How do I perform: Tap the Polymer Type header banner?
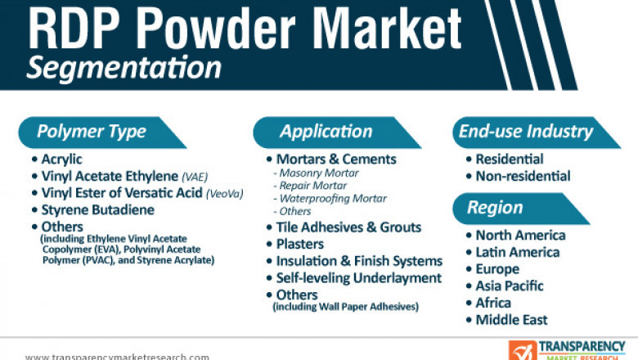coord(92,132)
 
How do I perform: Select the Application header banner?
coord(326,132)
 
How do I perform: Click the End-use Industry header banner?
coord(525,132)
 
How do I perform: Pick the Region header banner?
coord(495,208)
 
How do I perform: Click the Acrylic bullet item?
coord(61,160)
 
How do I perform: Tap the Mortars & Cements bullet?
coord(335,160)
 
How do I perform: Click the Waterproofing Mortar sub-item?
coord(333,199)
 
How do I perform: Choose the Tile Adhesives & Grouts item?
coord(348,227)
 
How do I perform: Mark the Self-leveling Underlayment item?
coord(359,278)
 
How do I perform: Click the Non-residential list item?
coord(523,176)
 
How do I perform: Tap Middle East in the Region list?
coord(511,320)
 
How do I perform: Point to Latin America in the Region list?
coord(517,253)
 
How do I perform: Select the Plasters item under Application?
coord(299,244)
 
